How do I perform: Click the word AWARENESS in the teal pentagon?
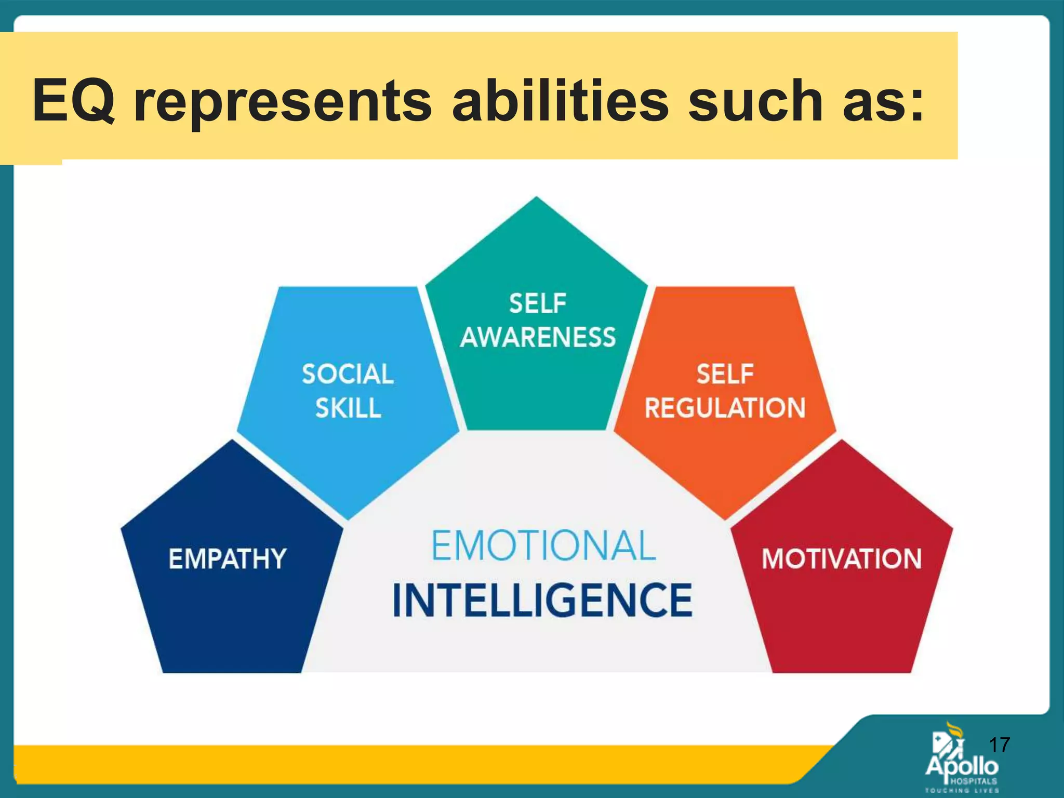tap(538, 337)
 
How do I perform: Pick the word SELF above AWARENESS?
tap(538, 303)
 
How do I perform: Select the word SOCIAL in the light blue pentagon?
tap(348, 374)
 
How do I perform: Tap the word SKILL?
tap(348, 408)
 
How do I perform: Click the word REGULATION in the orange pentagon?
tap(725, 408)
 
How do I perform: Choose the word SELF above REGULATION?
tap(725, 374)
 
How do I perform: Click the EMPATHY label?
tap(227, 559)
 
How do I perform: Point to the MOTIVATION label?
tap(842, 559)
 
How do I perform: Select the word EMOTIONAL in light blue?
tap(543, 546)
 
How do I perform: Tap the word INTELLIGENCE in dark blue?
tap(542, 601)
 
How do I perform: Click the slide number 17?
tap(999, 745)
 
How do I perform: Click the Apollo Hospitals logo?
tap(961, 761)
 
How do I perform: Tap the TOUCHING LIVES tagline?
tap(962, 791)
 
